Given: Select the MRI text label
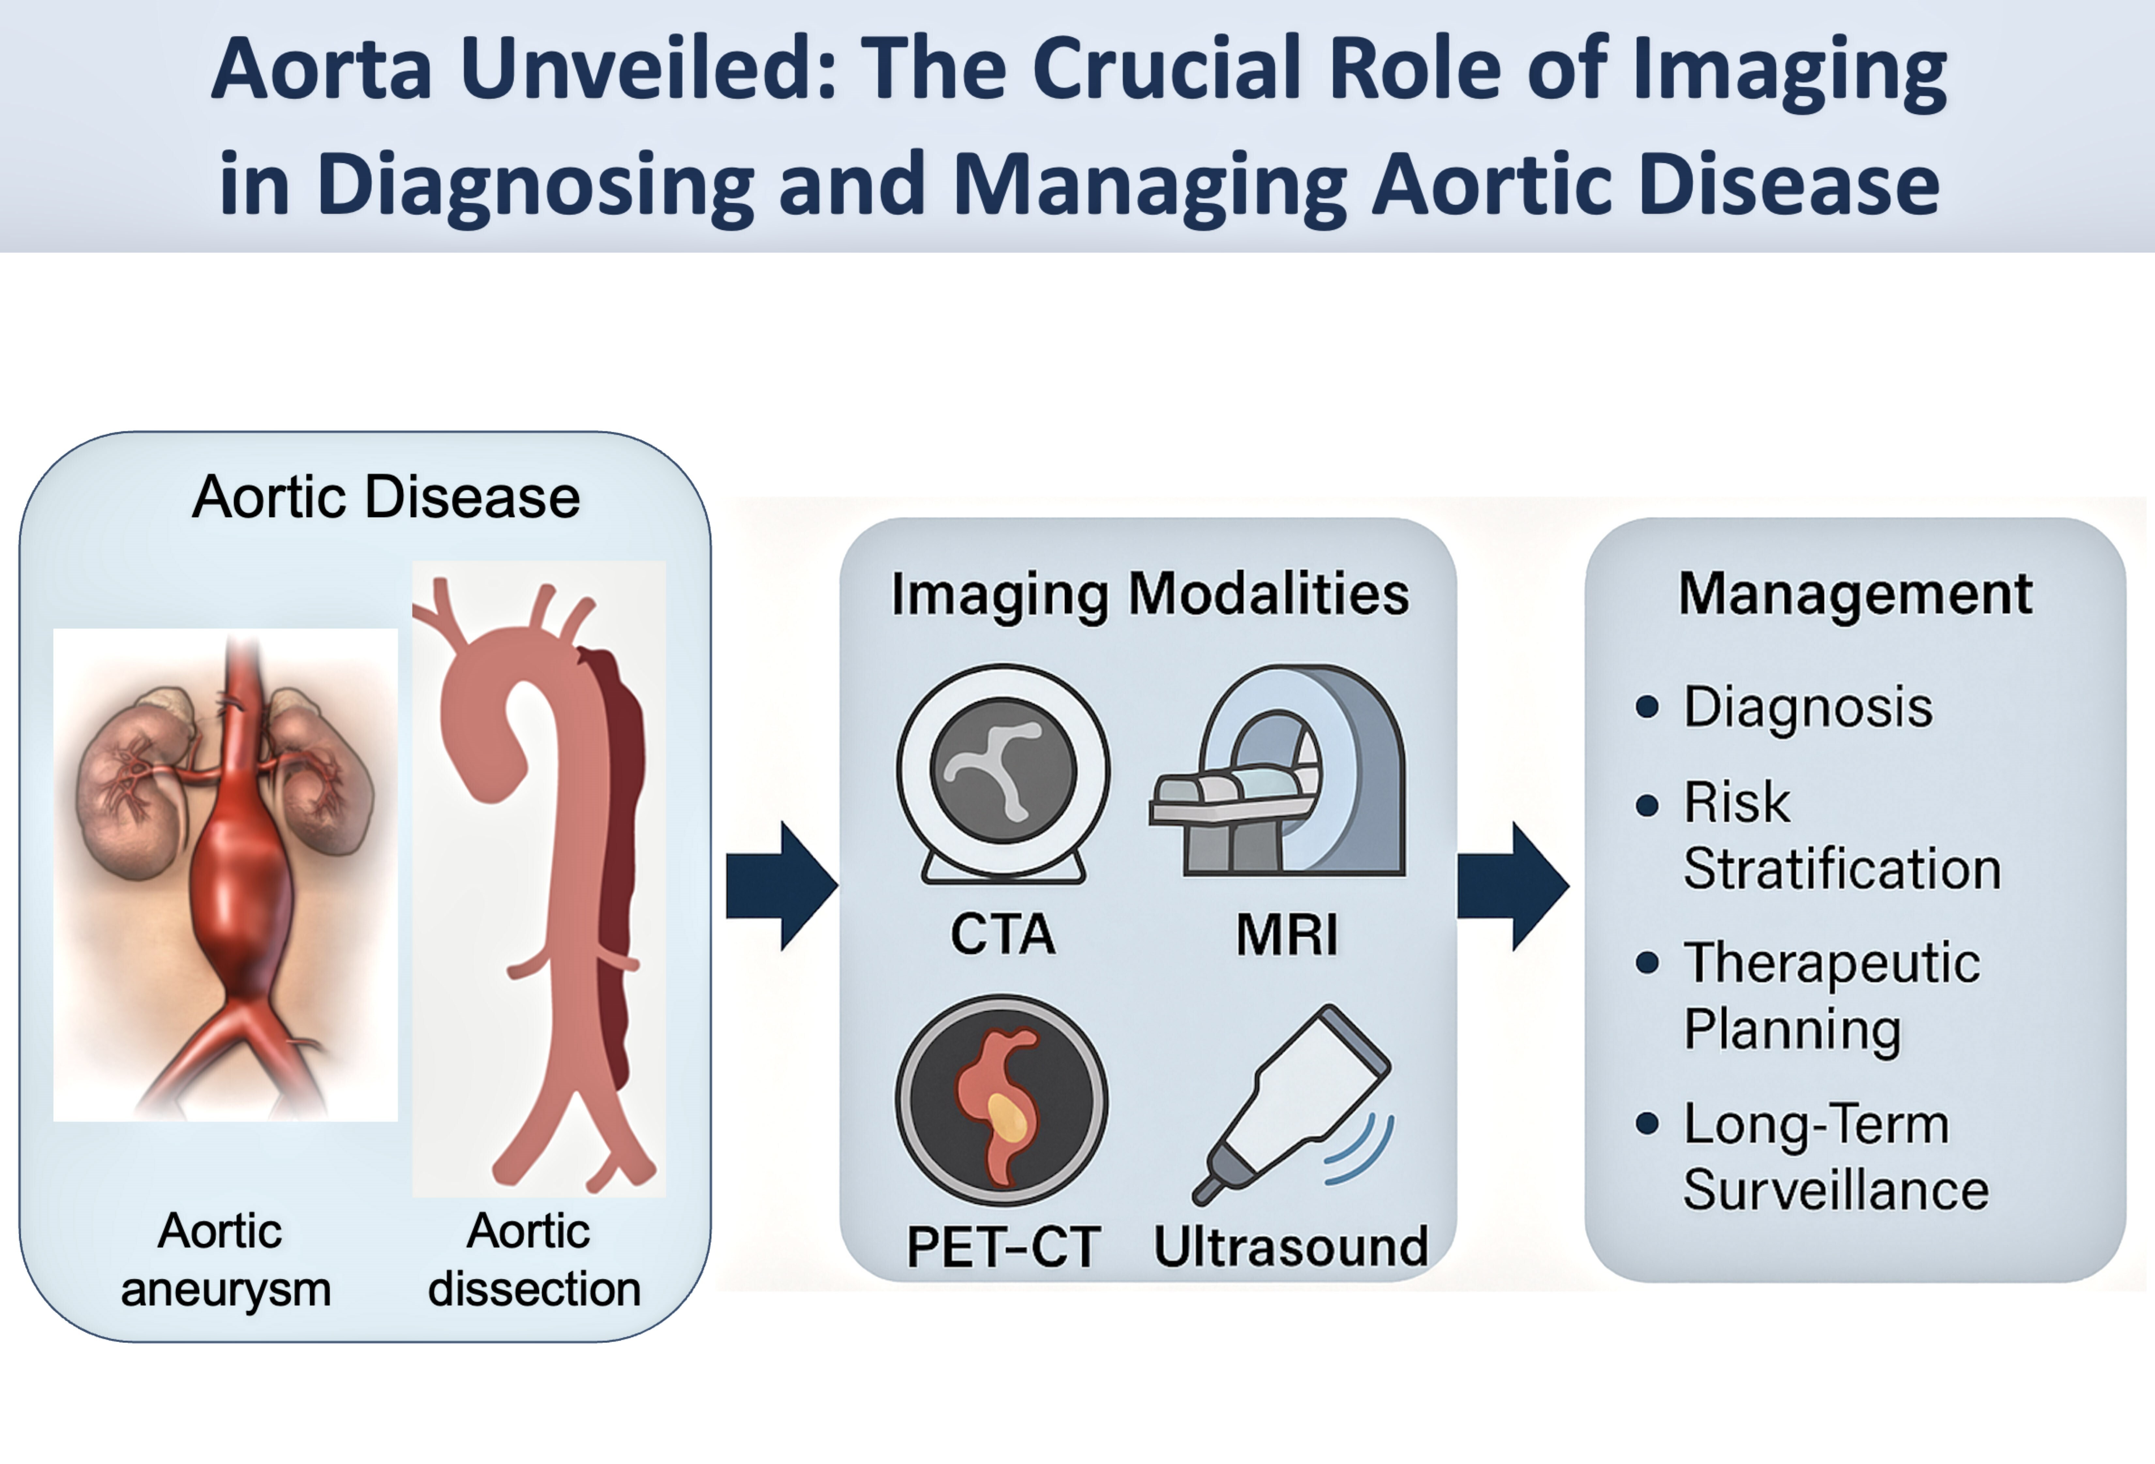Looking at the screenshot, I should [x=1287, y=934].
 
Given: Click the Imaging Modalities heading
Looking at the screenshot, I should [x=1150, y=593].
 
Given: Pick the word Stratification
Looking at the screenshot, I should [x=1842, y=869].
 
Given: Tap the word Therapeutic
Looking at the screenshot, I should [x=1831, y=962].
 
